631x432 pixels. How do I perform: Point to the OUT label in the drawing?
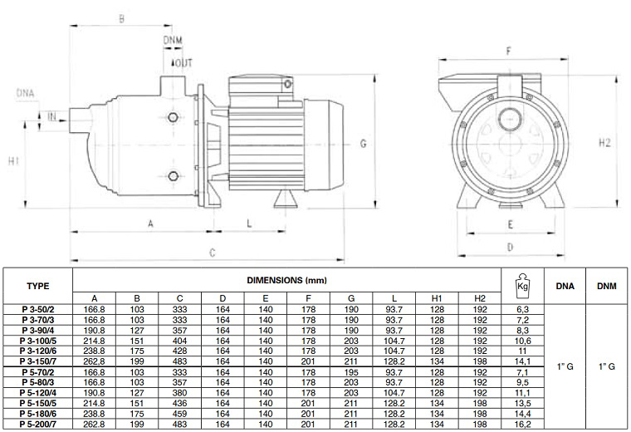coord(182,64)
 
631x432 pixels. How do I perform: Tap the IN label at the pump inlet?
coord(51,116)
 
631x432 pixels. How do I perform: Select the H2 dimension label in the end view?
coord(604,143)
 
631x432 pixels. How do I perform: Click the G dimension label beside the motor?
coord(363,144)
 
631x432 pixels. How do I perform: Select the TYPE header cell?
coord(38,285)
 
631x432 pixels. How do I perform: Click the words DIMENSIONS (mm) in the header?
coord(286,280)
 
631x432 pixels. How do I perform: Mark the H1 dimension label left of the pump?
coord(13,160)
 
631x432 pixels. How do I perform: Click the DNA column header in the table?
coord(564,284)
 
